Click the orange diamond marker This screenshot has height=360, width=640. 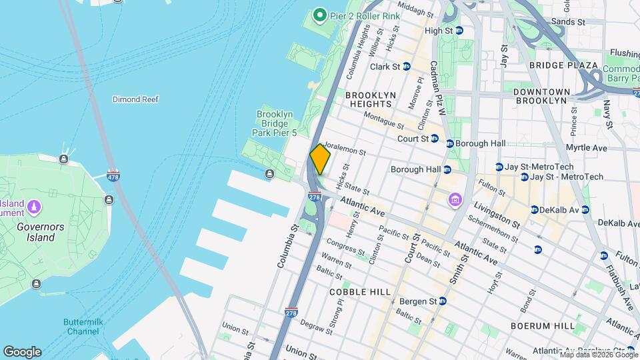(320, 159)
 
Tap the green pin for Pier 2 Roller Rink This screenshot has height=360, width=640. (319, 15)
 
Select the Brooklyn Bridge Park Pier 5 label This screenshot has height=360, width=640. (275, 123)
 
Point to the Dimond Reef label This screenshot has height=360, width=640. (135, 99)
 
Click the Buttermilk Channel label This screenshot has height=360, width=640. (81, 327)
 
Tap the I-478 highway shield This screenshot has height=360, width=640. (114, 176)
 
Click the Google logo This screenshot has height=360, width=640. (22, 351)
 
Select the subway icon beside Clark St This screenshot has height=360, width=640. (406, 67)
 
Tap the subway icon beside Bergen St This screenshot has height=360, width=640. (442, 301)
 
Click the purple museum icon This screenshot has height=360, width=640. (456, 200)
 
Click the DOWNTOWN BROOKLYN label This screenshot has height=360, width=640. (541, 96)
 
